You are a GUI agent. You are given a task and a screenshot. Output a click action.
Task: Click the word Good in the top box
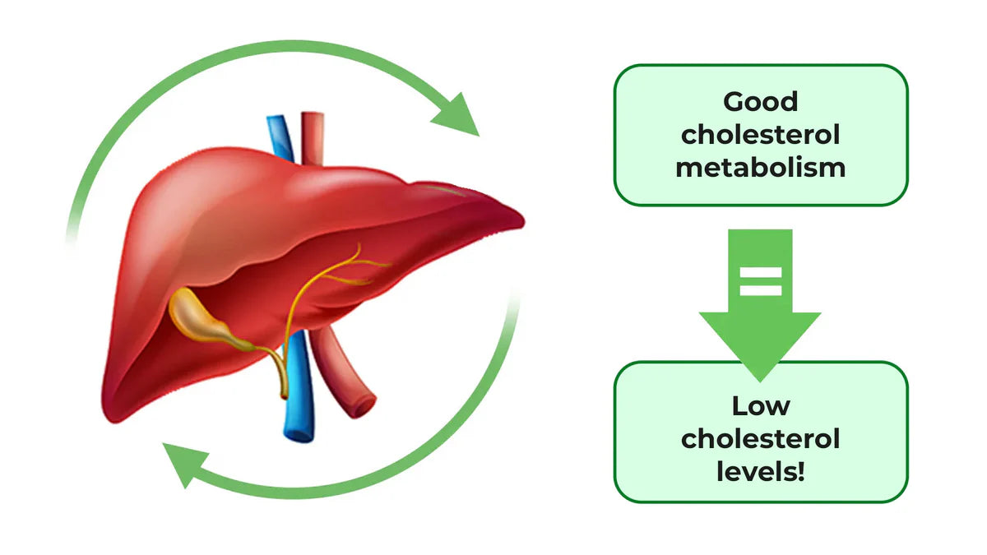click(x=761, y=102)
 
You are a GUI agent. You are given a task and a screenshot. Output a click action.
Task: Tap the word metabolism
click(x=761, y=168)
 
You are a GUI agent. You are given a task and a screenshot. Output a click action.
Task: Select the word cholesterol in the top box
click(x=761, y=135)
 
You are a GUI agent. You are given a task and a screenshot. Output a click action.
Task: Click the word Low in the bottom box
click(x=761, y=406)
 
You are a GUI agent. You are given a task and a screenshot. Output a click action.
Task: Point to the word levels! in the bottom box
click(x=761, y=472)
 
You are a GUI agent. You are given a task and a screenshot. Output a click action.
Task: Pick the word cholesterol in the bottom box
click(x=761, y=439)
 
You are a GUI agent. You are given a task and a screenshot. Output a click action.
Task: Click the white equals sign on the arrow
click(x=759, y=282)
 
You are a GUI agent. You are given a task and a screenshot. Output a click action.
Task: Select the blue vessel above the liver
click(x=280, y=136)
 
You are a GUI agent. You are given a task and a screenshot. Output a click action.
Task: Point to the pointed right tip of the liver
click(x=521, y=218)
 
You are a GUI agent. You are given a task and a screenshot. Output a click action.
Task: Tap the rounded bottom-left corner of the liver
click(x=115, y=411)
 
